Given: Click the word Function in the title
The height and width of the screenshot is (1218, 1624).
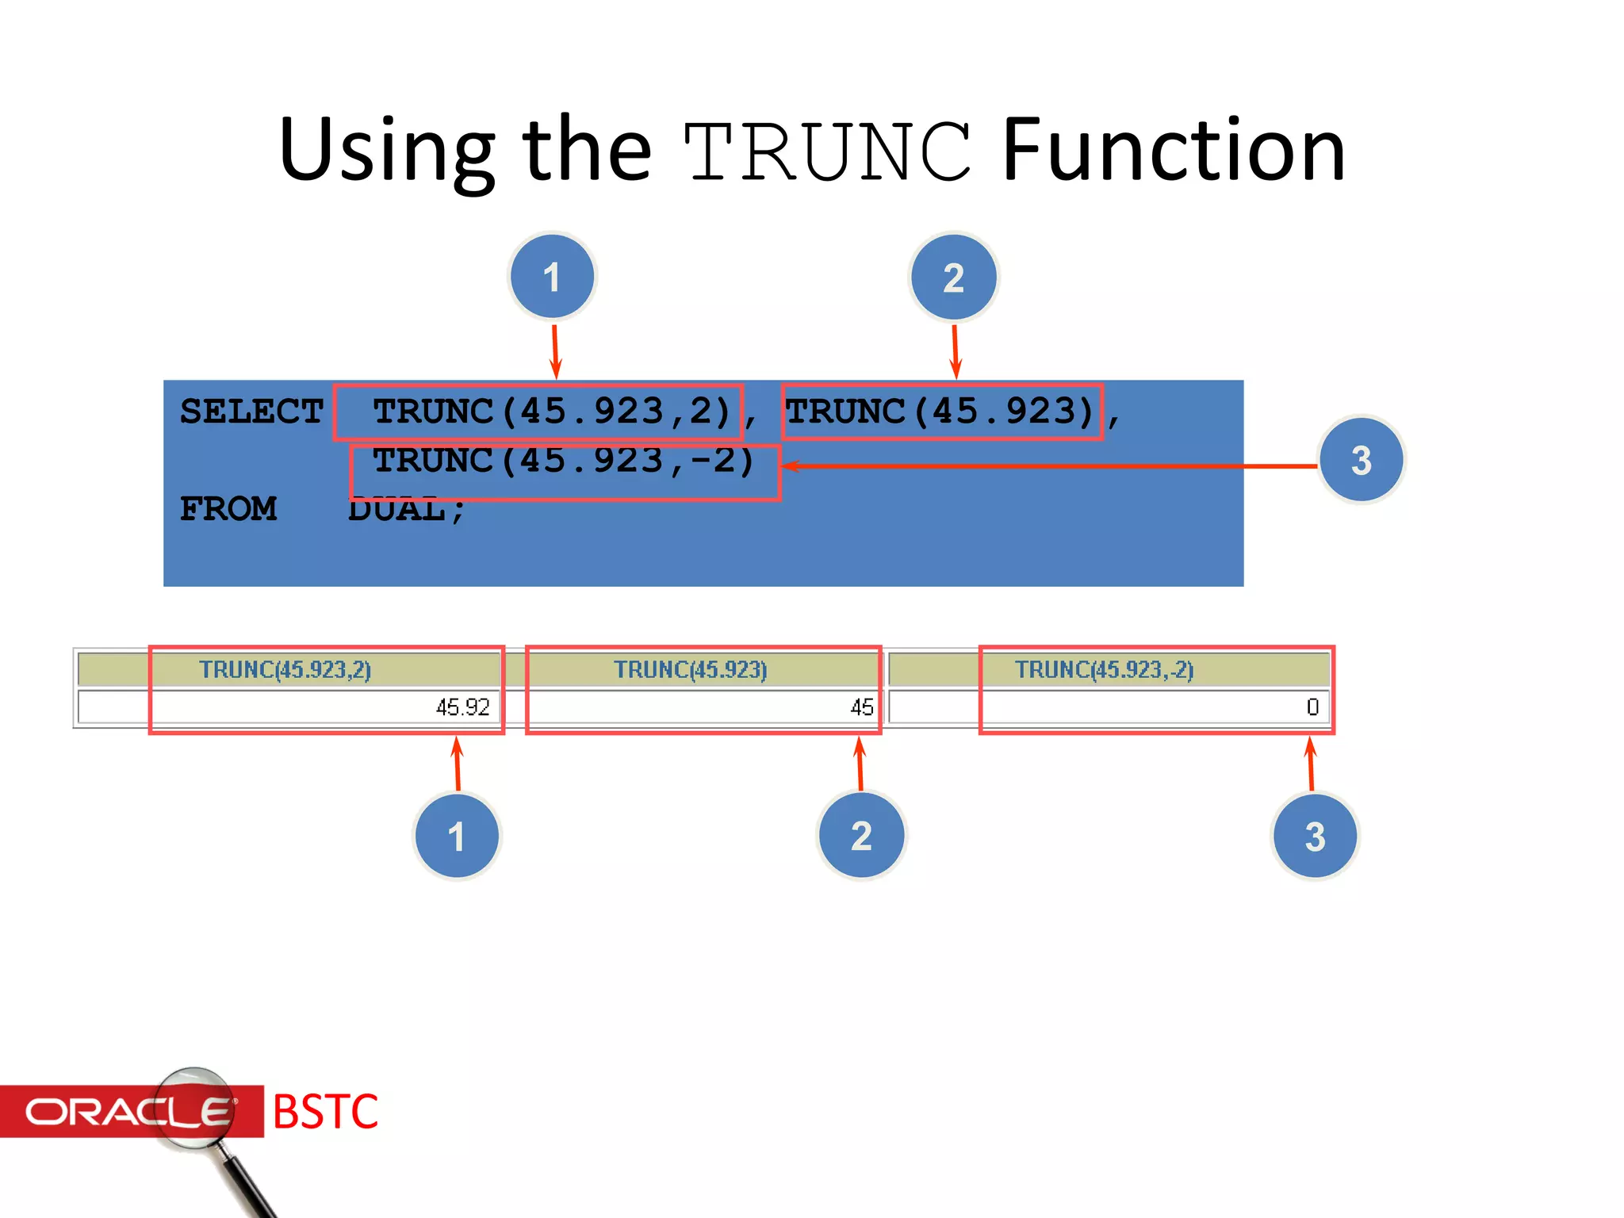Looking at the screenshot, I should [x=1174, y=151].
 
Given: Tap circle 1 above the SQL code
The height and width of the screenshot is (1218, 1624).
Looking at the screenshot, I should [x=552, y=277].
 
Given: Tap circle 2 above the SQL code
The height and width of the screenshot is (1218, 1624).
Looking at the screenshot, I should [x=953, y=278].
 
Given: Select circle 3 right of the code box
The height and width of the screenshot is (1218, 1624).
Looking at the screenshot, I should [x=1361, y=460].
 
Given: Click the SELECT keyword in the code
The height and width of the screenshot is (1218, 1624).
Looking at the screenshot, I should [x=251, y=412].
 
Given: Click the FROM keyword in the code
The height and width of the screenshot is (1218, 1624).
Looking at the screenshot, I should [x=228, y=508].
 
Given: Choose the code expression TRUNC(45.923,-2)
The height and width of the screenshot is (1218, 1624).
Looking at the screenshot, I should [x=563, y=461].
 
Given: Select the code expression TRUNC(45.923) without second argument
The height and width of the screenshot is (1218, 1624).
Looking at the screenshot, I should [x=940, y=412].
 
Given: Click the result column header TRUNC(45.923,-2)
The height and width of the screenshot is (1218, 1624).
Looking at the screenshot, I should [x=1104, y=670].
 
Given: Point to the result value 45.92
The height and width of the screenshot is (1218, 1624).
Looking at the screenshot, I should [x=462, y=707].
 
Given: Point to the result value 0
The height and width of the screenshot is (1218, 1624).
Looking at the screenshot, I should [x=1312, y=707].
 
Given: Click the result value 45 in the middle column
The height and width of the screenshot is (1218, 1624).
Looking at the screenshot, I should [x=861, y=707].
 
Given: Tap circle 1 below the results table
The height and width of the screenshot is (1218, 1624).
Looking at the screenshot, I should [x=457, y=836].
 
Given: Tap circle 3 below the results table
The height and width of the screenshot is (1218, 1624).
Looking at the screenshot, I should [x=1315, y=836].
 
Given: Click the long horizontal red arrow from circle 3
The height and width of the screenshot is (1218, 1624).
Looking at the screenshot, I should [x=1047, y=466].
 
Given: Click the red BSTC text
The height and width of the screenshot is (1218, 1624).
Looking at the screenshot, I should [x=325, y=1112].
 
